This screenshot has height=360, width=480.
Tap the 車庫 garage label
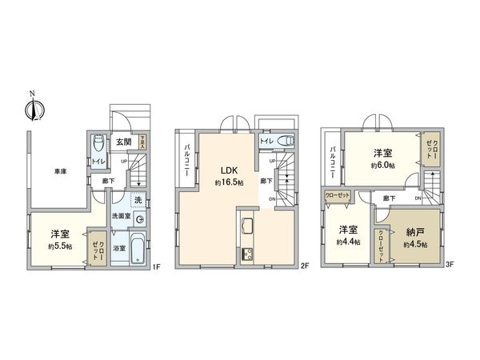[x=61, y=170]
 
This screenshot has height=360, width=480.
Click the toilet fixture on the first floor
[x=97, y=144]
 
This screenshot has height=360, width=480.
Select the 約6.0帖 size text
[x=382, y=165]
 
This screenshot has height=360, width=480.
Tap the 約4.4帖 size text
[x=347, y=241]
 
